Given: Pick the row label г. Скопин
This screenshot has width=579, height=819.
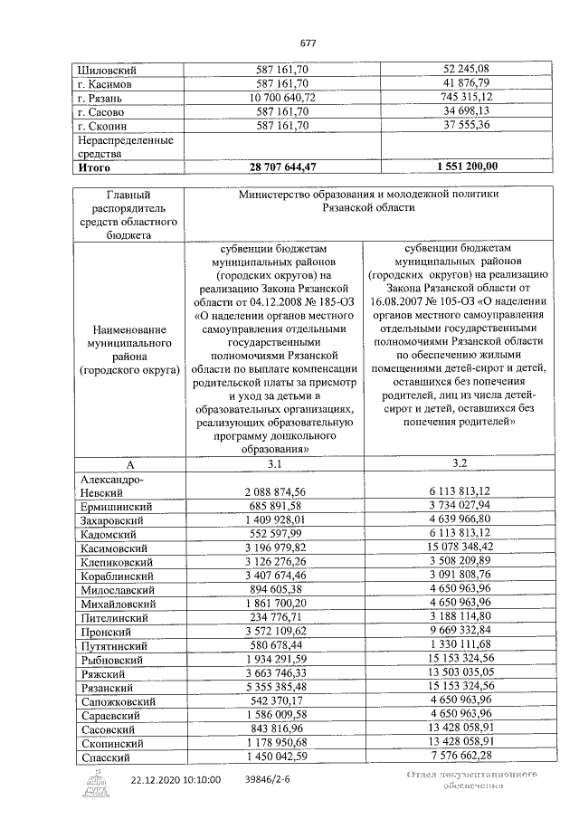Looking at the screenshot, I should pyautogui.click(x=103, y=125).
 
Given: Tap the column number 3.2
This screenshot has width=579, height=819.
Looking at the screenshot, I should pyautogui.click(x=460, y=464).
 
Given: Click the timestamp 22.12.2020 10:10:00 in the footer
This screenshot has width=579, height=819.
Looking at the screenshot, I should pyautogui.click(x=176, y=779).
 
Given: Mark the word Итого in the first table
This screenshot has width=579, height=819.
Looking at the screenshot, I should pyautogui.click(x=93, y=167).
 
